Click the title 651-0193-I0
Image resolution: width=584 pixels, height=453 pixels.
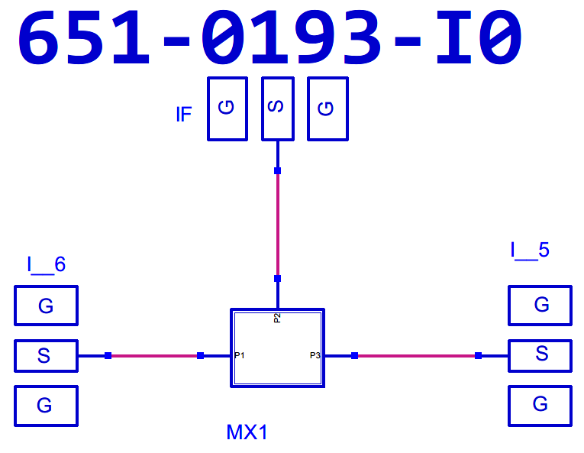[269, 38]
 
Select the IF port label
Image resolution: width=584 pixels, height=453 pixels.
[183, 115]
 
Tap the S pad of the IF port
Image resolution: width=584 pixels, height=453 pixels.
[278, 108]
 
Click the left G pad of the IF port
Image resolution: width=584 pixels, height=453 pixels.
[227, 108]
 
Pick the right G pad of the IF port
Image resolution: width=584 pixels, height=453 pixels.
[327, 108]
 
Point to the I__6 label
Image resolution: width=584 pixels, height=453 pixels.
[47, 265]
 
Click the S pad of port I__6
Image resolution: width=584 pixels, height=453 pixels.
[46, 355]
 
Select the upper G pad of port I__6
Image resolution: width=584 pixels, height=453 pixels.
[46, 306]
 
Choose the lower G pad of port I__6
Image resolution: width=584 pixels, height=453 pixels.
[46, 406]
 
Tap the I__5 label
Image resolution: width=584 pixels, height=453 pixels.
[530, 250]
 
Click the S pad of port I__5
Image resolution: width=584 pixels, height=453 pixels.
[540, 354]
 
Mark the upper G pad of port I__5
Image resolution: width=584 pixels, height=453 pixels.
[540, 305]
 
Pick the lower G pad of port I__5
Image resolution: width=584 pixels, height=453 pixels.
[540, 405]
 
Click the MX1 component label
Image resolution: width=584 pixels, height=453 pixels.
[247, 432]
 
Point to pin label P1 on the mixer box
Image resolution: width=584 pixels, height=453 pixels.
[239, 355]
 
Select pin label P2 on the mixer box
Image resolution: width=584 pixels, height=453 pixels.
[278, 317]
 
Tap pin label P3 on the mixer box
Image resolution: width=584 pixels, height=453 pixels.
[315, 355]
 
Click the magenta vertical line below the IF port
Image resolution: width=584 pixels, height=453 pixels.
[278, 225]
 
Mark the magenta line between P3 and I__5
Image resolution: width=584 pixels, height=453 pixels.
[416, 355]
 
